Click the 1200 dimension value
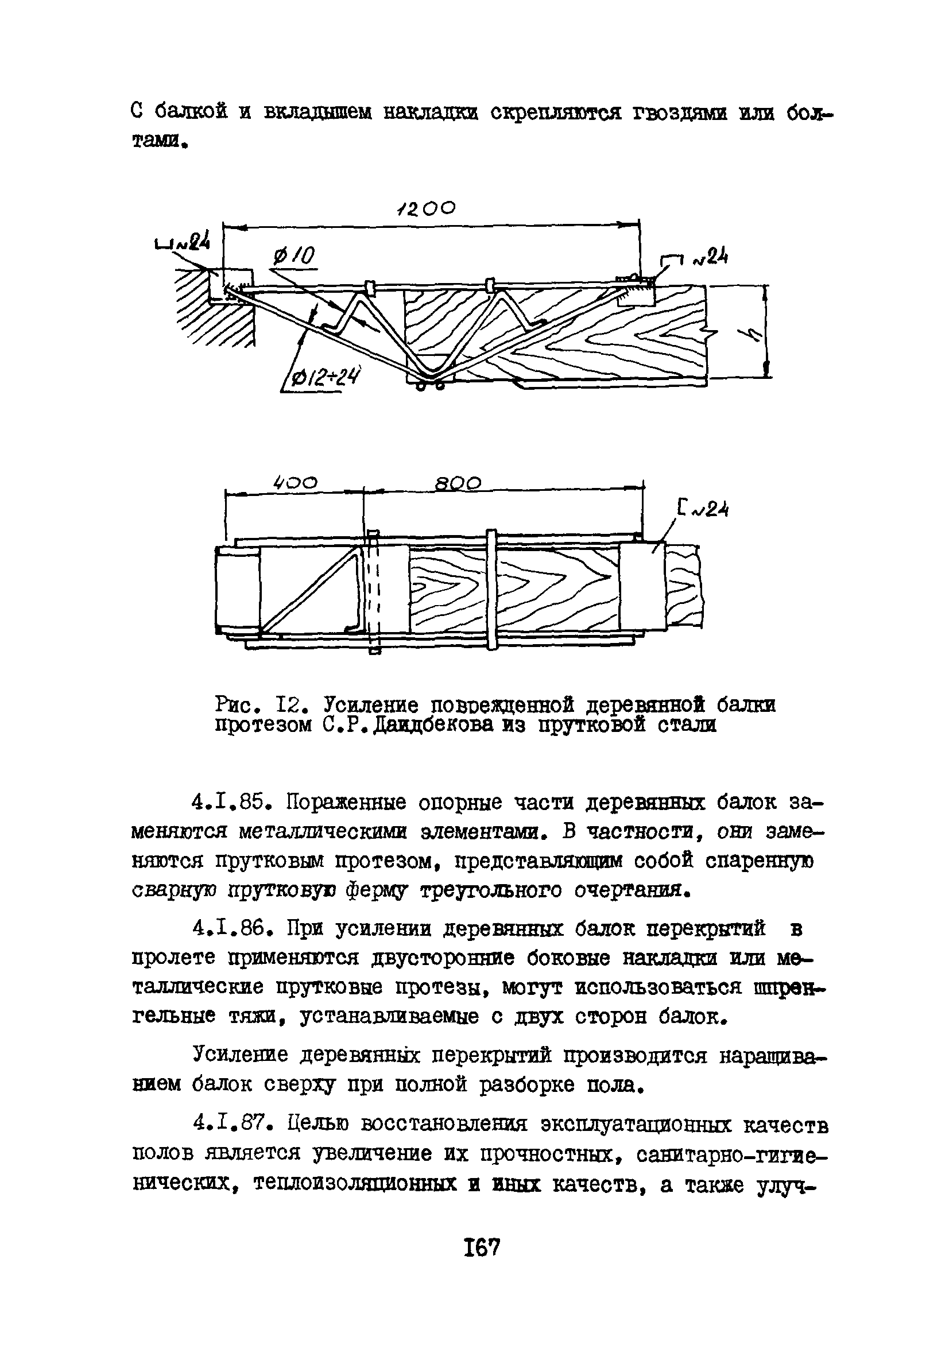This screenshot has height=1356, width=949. click(427, 208)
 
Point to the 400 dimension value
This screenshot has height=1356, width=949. click(295, 482)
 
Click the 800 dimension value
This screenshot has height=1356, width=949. click(458, 484)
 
